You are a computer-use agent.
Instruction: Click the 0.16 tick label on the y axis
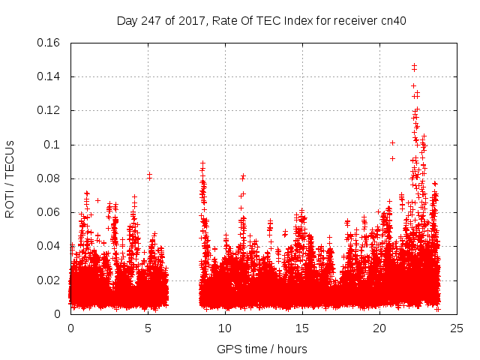coord(49,43)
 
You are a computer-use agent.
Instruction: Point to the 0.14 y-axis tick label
coord(49,76)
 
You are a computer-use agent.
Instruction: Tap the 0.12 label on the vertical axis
coord(49,110)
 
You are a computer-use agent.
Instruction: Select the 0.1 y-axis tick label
coord(52,144)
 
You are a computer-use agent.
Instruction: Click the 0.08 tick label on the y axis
coord(49,178)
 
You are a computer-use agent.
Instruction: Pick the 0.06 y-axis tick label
coord(49,212)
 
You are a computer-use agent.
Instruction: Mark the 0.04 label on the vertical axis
coord(49,246)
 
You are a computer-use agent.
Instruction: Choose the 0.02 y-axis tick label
coord(49,280)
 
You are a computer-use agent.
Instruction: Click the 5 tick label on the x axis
coord(148,328)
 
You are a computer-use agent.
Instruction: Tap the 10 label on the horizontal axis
coord(225,328)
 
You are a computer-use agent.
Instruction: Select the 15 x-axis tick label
coord(302,328)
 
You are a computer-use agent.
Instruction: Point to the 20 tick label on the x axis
coord(379,328)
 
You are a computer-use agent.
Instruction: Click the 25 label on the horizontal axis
coord(457,328)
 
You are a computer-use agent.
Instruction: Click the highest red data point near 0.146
coord(414,66)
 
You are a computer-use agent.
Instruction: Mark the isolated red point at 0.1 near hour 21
coord(392,142)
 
